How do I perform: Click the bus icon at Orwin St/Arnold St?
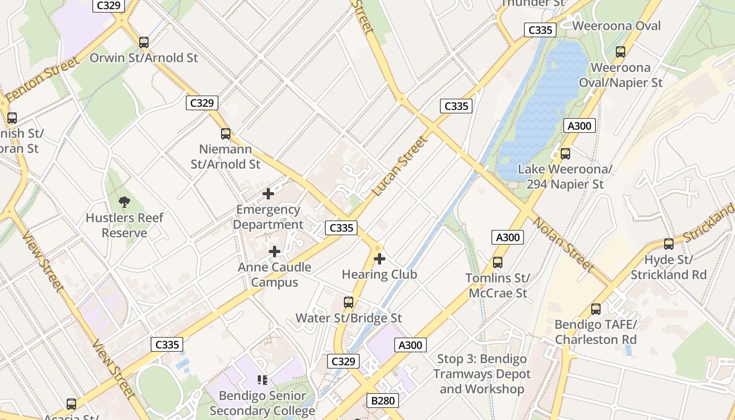tap(143, 43)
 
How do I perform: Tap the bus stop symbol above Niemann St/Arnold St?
tap(226, 134)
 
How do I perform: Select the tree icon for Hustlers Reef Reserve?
tap(124, 202)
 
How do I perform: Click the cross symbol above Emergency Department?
tap(268, 194)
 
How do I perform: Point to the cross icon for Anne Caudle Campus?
tap(275, 251)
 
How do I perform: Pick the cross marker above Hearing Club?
tap(380, 259)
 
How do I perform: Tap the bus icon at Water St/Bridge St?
tap(349, 302)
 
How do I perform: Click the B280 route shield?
tap(383, 401)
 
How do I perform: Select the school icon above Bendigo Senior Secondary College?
tap(262, 380)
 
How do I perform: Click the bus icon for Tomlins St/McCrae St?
tap(497, 262)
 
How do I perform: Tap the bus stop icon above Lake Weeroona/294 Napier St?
tap(565, 154)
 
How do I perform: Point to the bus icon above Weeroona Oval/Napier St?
tap(621, 52)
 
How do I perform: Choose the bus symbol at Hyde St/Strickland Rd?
tap(669, 244)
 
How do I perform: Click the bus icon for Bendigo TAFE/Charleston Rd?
tap(596, 309)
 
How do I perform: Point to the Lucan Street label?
tap(400, 166)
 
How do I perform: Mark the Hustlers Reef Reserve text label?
tap(124, 225)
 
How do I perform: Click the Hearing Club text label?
tap(380, 275)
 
